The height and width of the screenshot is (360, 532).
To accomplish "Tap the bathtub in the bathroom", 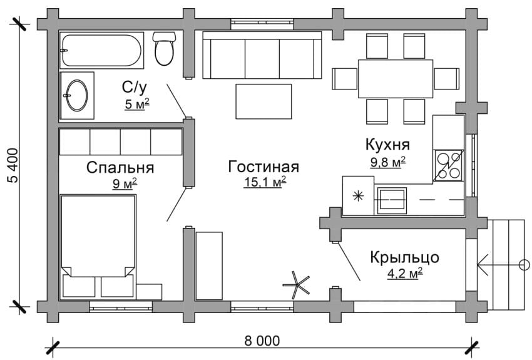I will [101, 50].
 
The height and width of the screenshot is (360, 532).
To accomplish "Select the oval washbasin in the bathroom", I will [77, 95].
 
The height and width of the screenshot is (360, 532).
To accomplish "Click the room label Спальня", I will [120, 168].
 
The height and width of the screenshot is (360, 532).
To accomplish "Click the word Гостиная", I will [263, 167].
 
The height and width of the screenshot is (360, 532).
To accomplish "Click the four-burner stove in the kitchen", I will [448, 165].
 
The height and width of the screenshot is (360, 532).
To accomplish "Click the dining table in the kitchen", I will [396, 78].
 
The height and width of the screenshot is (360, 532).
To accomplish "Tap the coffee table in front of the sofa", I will [263, 101].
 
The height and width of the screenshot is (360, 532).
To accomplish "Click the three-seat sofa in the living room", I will [262, 55].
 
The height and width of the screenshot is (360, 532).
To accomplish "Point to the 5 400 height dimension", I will [12, 167].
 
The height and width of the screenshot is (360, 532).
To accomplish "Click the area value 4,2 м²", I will [404, 272].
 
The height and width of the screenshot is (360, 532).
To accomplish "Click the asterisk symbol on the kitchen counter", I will [358, 196].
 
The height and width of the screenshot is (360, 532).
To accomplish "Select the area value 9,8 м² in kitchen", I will [387, 160].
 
